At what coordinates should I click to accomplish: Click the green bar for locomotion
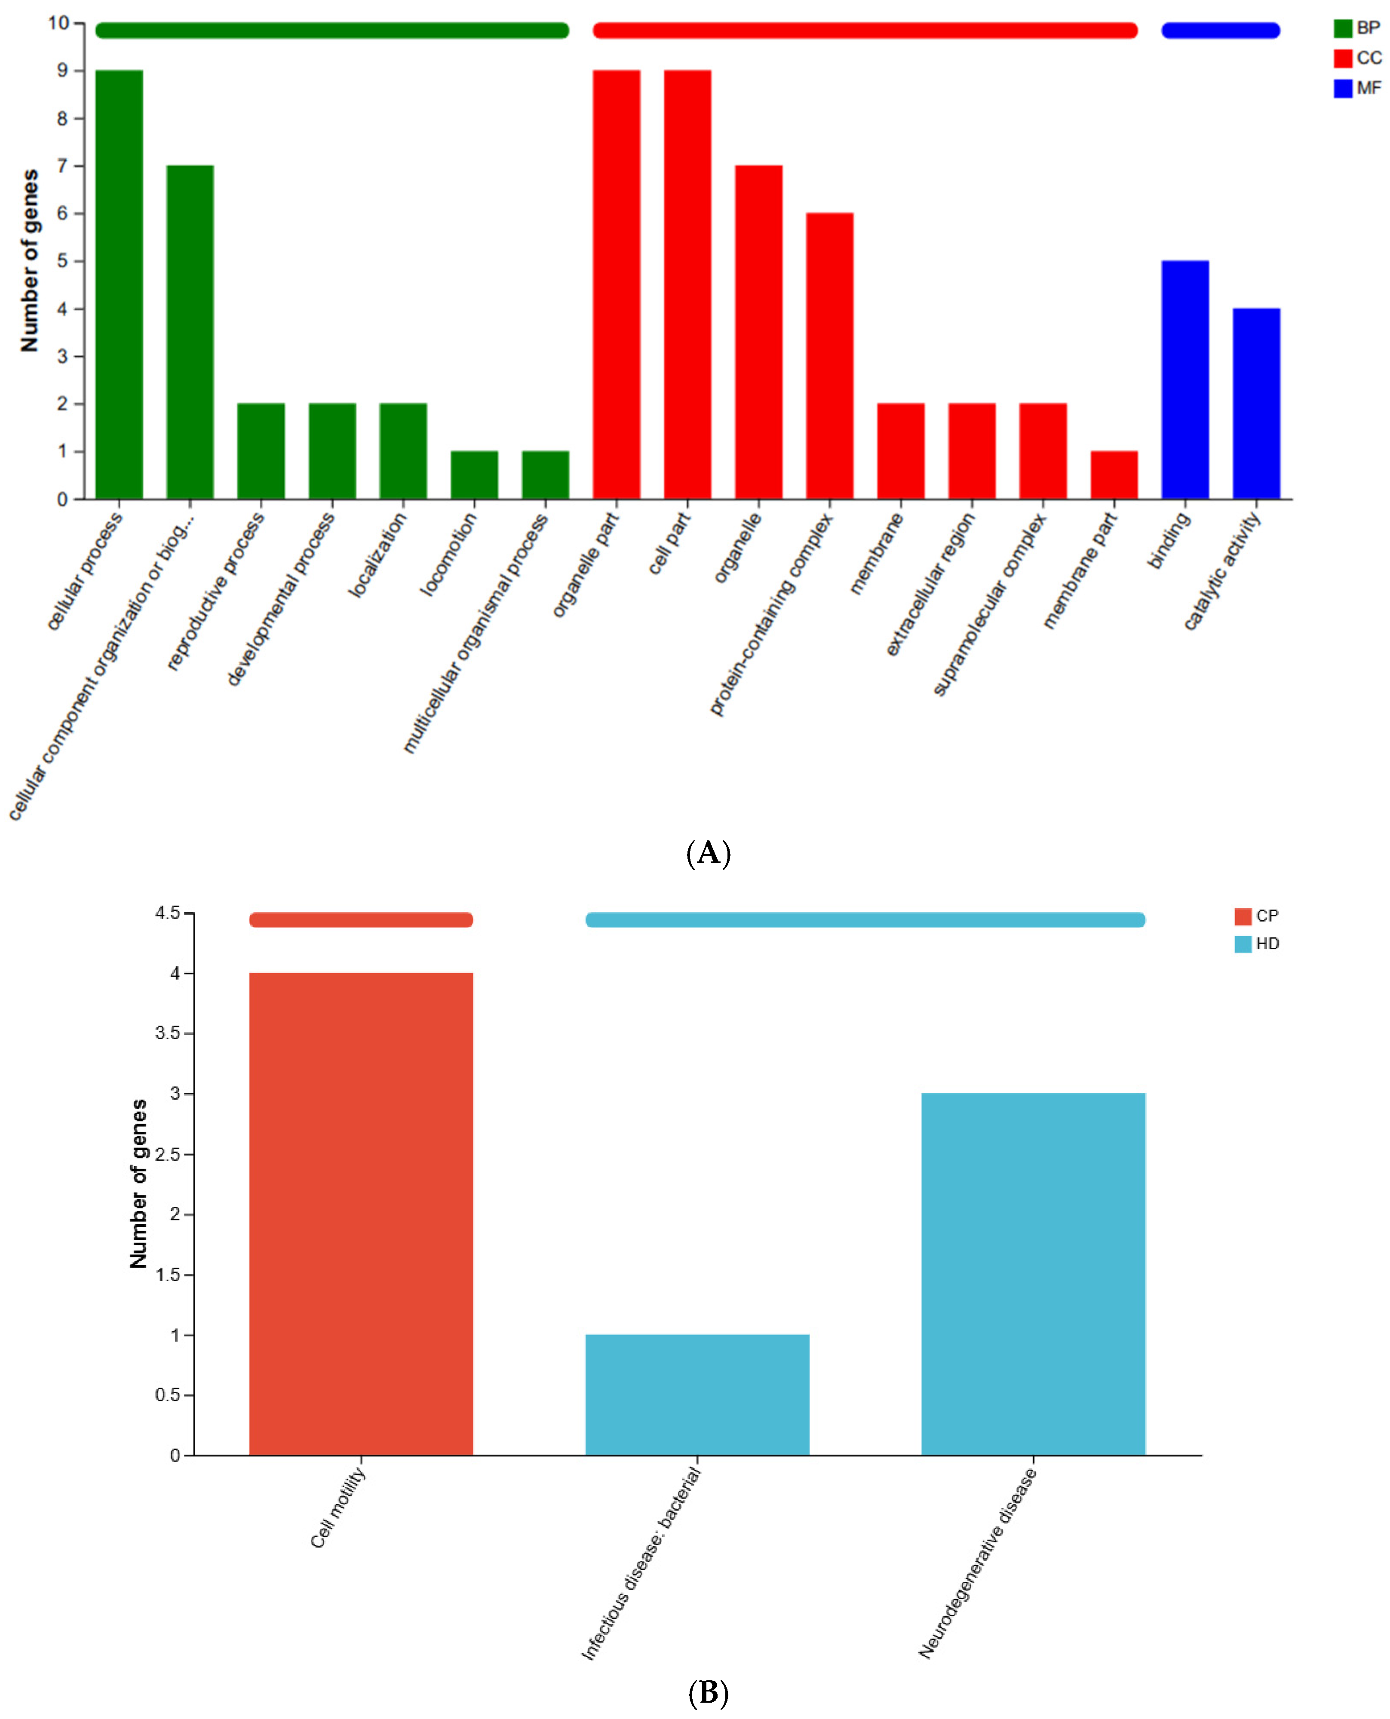coord(474,475)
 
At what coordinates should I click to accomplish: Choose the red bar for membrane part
coord(1114,475)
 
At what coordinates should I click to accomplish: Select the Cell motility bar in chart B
coord(361,1214)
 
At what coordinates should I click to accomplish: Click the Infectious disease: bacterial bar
coord(697,1395)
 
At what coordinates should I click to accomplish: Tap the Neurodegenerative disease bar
coord(1034,1274)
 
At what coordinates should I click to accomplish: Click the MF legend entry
coord(1358,88)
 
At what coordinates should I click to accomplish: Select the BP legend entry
coord(1358,28)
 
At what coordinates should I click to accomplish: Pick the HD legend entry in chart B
coord(1257,944)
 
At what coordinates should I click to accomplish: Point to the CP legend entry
coord(1257,916)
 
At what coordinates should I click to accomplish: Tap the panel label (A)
coord(709,854)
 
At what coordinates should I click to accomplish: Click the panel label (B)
coord(709,1693)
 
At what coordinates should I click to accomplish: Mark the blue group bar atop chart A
coord(1221,31)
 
